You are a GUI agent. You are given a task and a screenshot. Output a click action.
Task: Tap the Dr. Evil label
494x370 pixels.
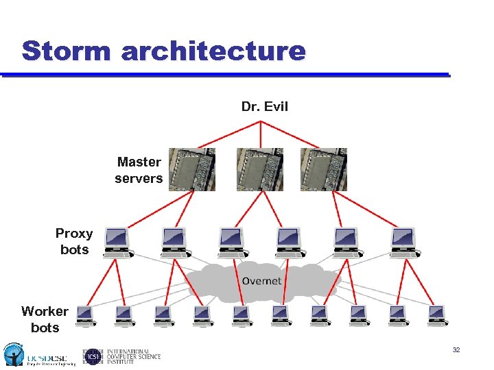(264, 106)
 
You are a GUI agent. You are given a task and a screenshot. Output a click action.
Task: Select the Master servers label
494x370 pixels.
(139, 170)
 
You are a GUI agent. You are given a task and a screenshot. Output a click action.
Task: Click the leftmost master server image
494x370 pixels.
(191, 169)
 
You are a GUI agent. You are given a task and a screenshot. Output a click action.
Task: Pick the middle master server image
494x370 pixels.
(259, 169)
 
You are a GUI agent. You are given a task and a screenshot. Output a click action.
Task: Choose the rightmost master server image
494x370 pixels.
(324, 169)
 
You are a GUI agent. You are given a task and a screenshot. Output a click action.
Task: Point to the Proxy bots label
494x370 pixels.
(74, 241)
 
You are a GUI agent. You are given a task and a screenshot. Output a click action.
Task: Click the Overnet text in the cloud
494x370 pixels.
(261, 281)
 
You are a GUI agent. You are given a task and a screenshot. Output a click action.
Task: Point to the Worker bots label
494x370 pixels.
(45, 319)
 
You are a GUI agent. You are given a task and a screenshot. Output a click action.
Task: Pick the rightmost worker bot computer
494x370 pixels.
(436, 314)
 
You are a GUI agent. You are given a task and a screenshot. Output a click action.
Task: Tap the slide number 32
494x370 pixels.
(456, 350)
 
